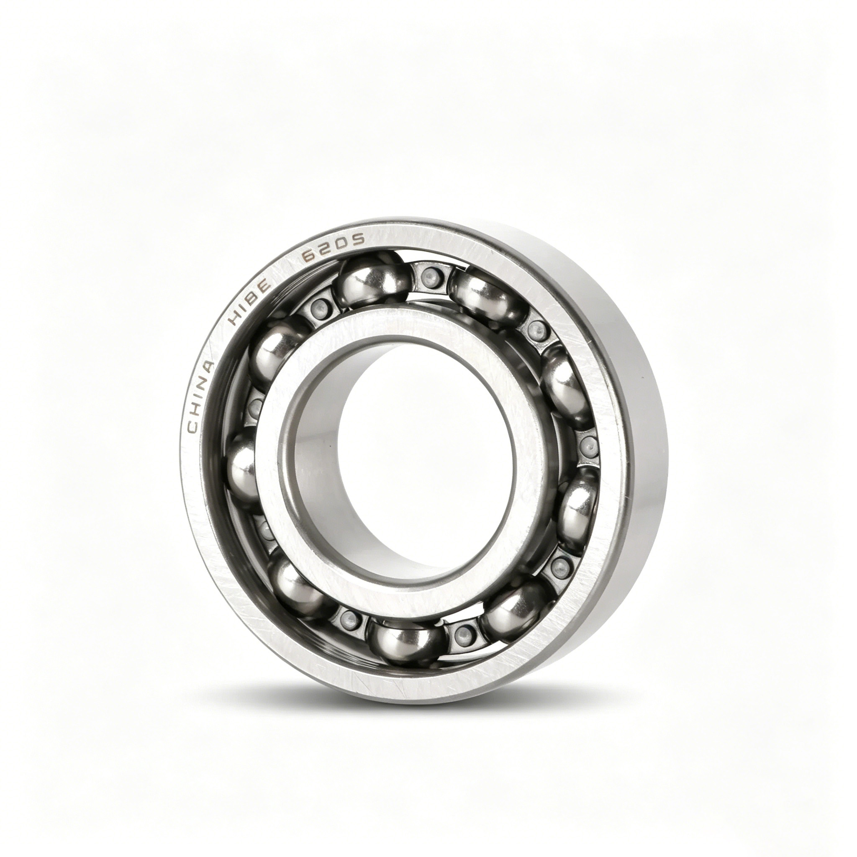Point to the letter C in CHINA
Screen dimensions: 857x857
(193, 427)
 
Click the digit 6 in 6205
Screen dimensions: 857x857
(308, 259)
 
